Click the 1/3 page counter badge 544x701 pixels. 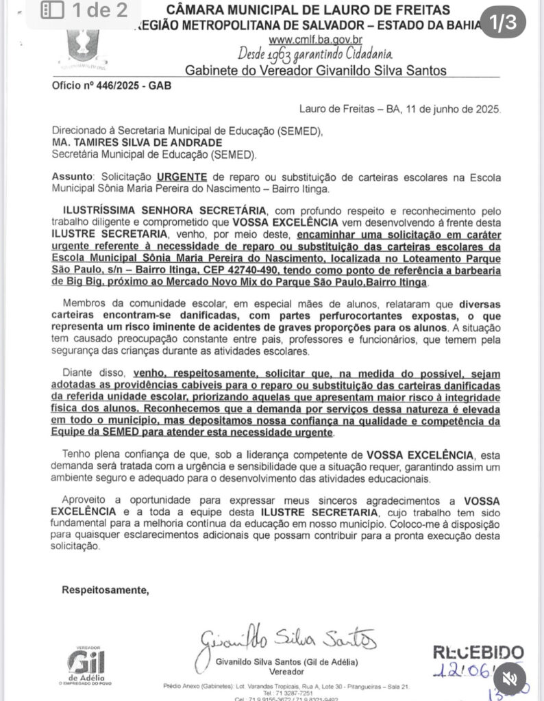pos(502,23)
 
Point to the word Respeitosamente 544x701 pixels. pos(105,589)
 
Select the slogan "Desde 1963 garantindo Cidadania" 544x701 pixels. pos(315,53)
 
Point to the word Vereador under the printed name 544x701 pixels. pos(286,673)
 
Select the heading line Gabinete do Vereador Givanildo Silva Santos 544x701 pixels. pos(316,70)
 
